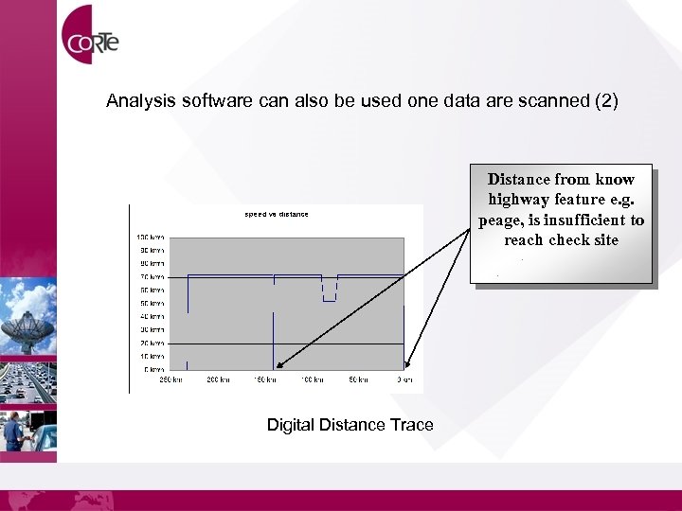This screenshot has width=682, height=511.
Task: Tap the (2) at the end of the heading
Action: (605, 100)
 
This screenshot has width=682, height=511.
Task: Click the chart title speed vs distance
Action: (277, 214)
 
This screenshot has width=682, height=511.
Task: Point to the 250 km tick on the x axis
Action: (170, 379)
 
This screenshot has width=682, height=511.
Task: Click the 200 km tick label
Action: (218, 379)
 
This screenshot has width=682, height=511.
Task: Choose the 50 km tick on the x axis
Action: (358, 379)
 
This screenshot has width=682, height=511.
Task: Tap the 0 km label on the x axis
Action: (404, 379)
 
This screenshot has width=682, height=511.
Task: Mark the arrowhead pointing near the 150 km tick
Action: (280, 363)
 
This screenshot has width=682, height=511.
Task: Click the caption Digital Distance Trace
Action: (350, 425)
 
